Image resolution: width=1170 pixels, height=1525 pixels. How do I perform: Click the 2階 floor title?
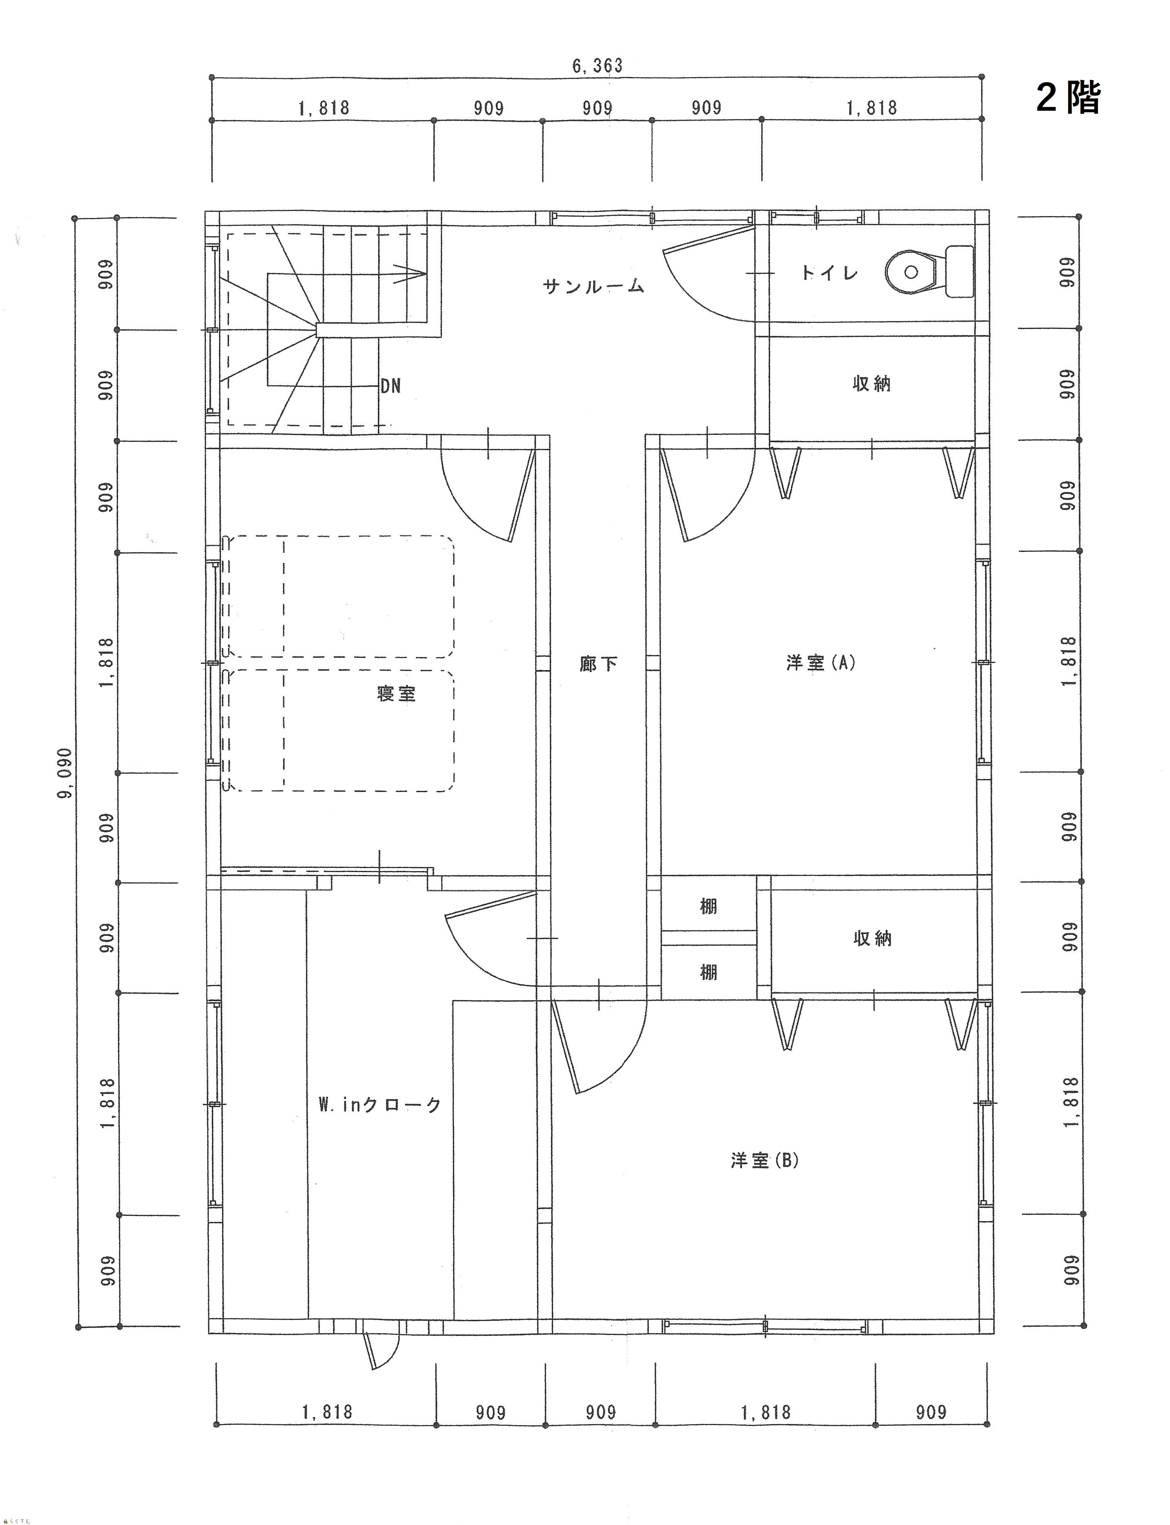click(x=1068, y=98)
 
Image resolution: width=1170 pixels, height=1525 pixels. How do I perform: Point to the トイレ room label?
click(x=829, y=272)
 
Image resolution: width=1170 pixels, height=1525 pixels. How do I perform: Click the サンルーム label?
click(x=593, y=285)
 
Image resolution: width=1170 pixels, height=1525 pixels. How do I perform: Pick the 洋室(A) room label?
click(x=821, y=662)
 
